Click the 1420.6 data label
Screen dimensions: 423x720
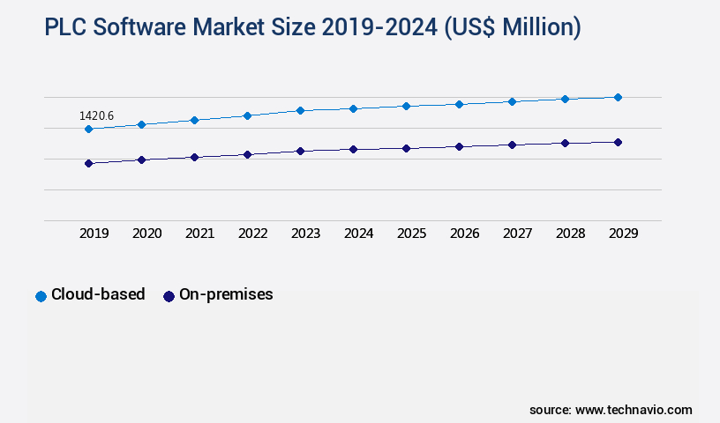point(96,115)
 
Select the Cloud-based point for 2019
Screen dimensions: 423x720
point(88,129)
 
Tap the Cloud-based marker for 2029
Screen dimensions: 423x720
point(618,97)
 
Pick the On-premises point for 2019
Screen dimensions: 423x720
point(88,163)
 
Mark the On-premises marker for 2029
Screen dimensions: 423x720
point(618,142)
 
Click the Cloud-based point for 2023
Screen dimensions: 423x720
point(300,110)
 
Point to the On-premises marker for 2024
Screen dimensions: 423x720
point(353,149)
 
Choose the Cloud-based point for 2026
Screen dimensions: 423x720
point(459,104)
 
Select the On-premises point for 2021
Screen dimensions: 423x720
point(194,157)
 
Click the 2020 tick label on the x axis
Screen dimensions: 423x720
point(147,234)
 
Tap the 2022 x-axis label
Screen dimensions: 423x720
point(253,234)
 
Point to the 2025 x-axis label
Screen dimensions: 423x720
point(412,234)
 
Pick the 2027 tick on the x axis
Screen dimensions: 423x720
point(518,234)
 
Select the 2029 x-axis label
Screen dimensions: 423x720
point(624,234)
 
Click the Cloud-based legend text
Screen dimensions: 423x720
point(98,294)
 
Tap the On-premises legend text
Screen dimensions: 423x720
point(226,294)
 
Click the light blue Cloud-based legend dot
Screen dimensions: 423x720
point(41,296)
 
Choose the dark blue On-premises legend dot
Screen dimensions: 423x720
point(169,296)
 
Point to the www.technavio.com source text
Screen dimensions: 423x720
point(634,410)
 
